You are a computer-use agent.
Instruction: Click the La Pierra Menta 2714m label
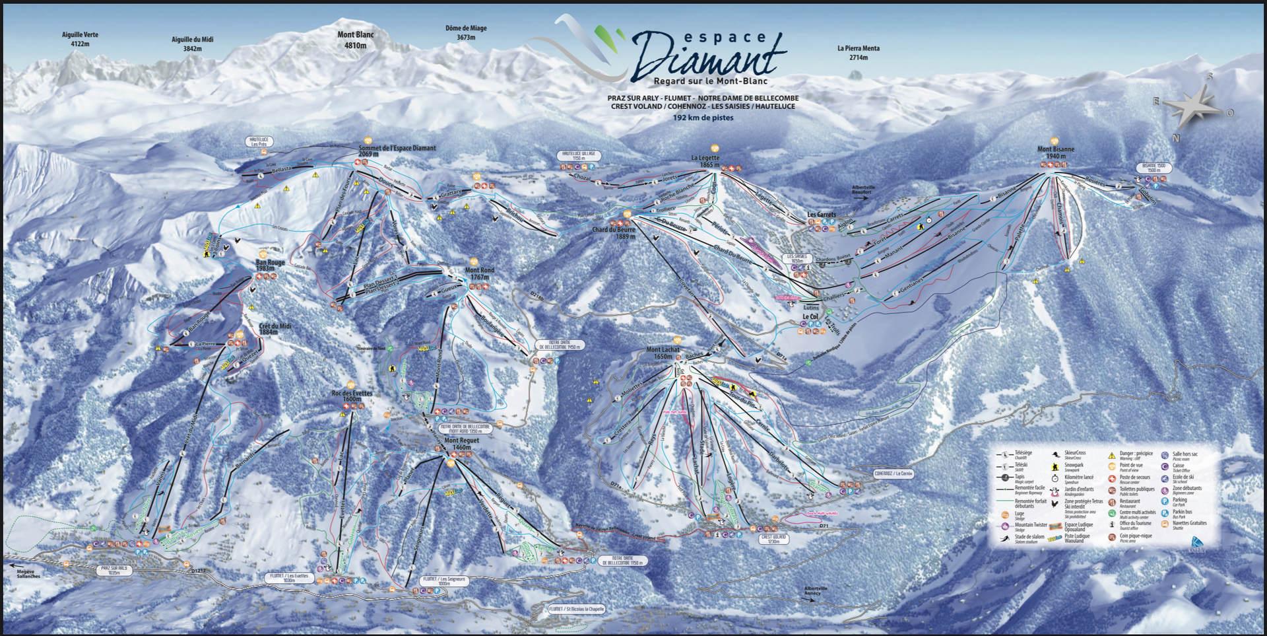click(858, 53)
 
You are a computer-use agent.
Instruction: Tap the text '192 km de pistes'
click(703, 118)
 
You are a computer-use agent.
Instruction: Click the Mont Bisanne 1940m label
click(1056, 153)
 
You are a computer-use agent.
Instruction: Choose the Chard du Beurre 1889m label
click(614, 232)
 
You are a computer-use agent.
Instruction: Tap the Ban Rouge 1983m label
click(271, 265)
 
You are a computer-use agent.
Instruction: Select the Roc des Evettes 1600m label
click(352, 396)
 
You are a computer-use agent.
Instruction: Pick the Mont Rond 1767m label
click(480, 274)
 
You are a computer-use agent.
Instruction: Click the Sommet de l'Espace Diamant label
click(397, 151)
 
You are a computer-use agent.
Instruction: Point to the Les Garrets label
click(822, 215)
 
